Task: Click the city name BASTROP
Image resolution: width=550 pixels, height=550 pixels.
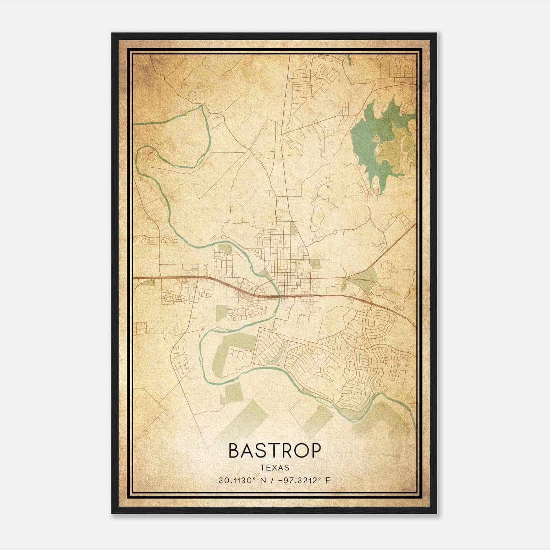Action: tap(275, 451)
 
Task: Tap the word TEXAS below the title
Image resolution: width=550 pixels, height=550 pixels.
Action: tap(275, 467)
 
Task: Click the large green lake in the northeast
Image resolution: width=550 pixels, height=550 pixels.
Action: tap(368, 144)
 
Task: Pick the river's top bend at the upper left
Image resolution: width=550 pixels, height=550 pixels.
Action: tap(200, 107)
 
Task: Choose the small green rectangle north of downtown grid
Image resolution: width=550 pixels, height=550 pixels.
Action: tap(293, 228)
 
